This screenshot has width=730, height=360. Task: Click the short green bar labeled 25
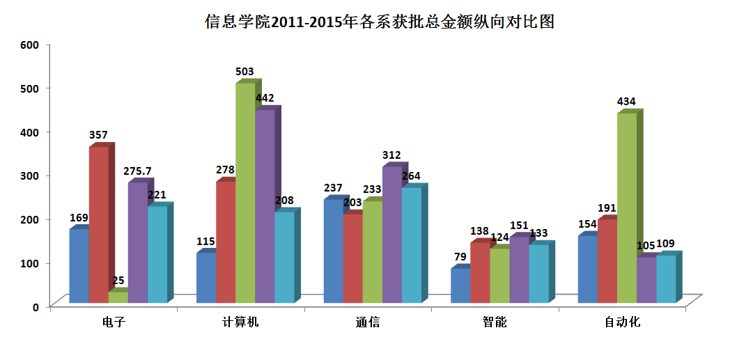coord(118,297)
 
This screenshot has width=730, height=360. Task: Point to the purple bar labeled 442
coord(265,206)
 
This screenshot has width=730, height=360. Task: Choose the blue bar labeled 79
coord(460,285)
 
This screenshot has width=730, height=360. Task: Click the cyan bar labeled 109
coord(666,279)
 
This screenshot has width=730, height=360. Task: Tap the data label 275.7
coord(139,171)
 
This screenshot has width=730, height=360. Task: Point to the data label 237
coord(333,188)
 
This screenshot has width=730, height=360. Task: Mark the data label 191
coord(607,208)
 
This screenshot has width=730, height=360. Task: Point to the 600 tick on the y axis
coord(30,45)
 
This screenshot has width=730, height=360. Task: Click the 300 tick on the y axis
coord(30,175)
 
